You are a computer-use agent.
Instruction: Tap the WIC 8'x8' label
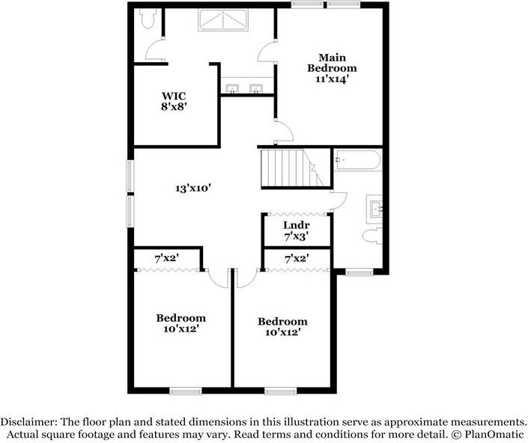click(174, 100)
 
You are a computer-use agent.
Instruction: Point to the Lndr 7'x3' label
click(296, 230)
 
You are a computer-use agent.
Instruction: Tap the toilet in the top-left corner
click(148, 16)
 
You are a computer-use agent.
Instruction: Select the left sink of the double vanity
click(231, 90)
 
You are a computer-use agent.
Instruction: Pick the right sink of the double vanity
click(256, 90)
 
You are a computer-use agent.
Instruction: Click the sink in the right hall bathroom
click(375, 208)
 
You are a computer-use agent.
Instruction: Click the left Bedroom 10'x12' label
click(180, 323)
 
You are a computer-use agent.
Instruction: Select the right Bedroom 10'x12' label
click(282, 327)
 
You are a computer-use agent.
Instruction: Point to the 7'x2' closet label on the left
click(166, 258)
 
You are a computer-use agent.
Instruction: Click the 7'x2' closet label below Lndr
click(297, 258)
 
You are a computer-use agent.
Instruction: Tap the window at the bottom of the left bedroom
click(185, 390)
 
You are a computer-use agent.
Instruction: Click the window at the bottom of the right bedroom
click(280, 390)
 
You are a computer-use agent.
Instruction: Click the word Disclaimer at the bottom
click(28, 421)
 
